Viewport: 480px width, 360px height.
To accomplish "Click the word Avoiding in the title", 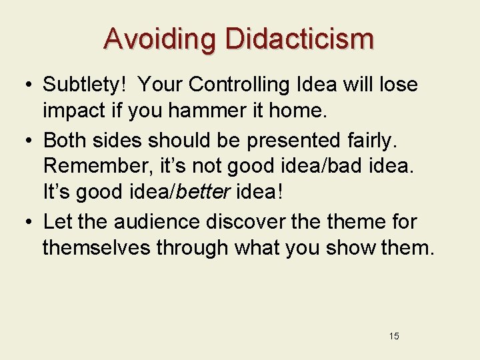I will [160, 39].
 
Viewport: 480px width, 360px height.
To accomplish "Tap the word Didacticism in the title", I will [300, 39].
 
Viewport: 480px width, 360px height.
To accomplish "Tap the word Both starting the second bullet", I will [64, 140].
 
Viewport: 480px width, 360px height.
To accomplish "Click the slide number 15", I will [393, 336].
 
